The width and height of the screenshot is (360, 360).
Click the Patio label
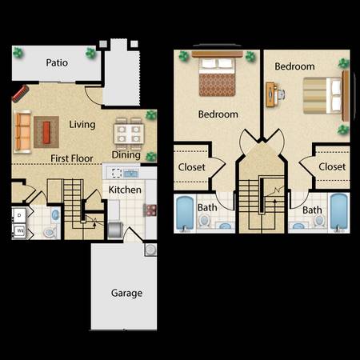[x=57, y=63]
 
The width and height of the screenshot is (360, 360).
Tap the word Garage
[x=126, y=293]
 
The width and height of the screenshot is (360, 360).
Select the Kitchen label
[x=125, y=190]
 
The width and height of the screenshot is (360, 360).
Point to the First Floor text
[x=72, y=158]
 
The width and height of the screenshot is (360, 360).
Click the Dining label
[x=126, y=155]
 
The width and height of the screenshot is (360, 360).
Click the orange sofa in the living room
[x=22, y=131]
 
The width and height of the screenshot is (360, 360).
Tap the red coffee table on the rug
[x=46, y=132]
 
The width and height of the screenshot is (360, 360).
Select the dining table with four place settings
[x=129, y=133]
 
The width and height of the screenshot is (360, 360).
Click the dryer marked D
[x=19, y=215]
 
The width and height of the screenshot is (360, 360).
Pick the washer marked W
[x=19, y=231]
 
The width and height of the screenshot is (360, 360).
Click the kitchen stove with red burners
[x=150, y=210]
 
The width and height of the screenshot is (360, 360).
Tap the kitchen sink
[x=130, y=174]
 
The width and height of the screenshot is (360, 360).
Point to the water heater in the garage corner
[x=150, y=250]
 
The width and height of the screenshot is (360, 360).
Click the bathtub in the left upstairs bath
[x=185, y=213]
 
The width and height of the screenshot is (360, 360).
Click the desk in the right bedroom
[x=270, y=94]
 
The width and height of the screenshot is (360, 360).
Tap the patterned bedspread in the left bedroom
[x=217, y=85]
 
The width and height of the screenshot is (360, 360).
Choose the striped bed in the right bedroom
[x=322, y=95]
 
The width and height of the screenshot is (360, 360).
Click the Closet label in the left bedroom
[x=191, y=167]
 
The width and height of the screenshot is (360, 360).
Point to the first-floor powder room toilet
[x=50, y=233]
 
